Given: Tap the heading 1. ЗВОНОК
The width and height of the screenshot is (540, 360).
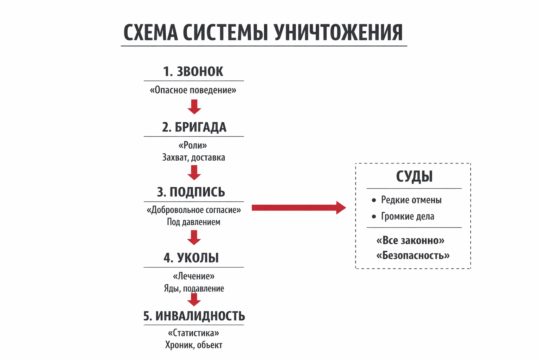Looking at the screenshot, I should (x=193, y=71).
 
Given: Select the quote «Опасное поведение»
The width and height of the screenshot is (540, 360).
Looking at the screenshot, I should (x=193, y=90).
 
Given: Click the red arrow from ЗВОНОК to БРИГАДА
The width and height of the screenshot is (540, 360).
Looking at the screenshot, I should (x=194, y=107).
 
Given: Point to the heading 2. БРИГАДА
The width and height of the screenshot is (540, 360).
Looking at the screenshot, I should (x=194, y=127).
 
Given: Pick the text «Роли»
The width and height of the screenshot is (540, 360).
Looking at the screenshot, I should (x=193, y=145).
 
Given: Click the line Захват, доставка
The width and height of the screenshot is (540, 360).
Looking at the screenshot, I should (x=193, y=157).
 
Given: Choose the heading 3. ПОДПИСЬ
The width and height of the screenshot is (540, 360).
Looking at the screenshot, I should (x=191, y=192).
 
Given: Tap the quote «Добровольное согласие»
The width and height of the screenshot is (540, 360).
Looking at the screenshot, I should (x=194, y=210).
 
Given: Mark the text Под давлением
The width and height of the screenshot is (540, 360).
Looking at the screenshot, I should (x=193, y=222).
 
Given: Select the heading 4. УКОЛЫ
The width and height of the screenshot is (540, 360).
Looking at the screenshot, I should (x=191, y=258).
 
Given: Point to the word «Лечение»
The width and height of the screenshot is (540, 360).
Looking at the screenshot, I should (x=193, y=276).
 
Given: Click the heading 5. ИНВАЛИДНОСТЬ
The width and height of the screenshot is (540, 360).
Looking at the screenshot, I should (x=194, y=316).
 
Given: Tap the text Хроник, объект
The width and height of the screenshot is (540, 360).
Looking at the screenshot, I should (x=194, y=345).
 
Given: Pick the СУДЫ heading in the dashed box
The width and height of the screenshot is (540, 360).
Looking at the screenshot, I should (x=414, y=176).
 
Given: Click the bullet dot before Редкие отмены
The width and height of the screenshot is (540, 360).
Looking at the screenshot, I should (x=374, y=200).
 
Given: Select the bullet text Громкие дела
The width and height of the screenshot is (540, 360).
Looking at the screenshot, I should (x=407, y=216).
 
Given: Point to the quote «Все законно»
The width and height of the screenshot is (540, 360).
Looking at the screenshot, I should (x=410, y=240).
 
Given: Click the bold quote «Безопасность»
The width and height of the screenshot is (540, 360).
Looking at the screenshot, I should (x=413, y=255).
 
